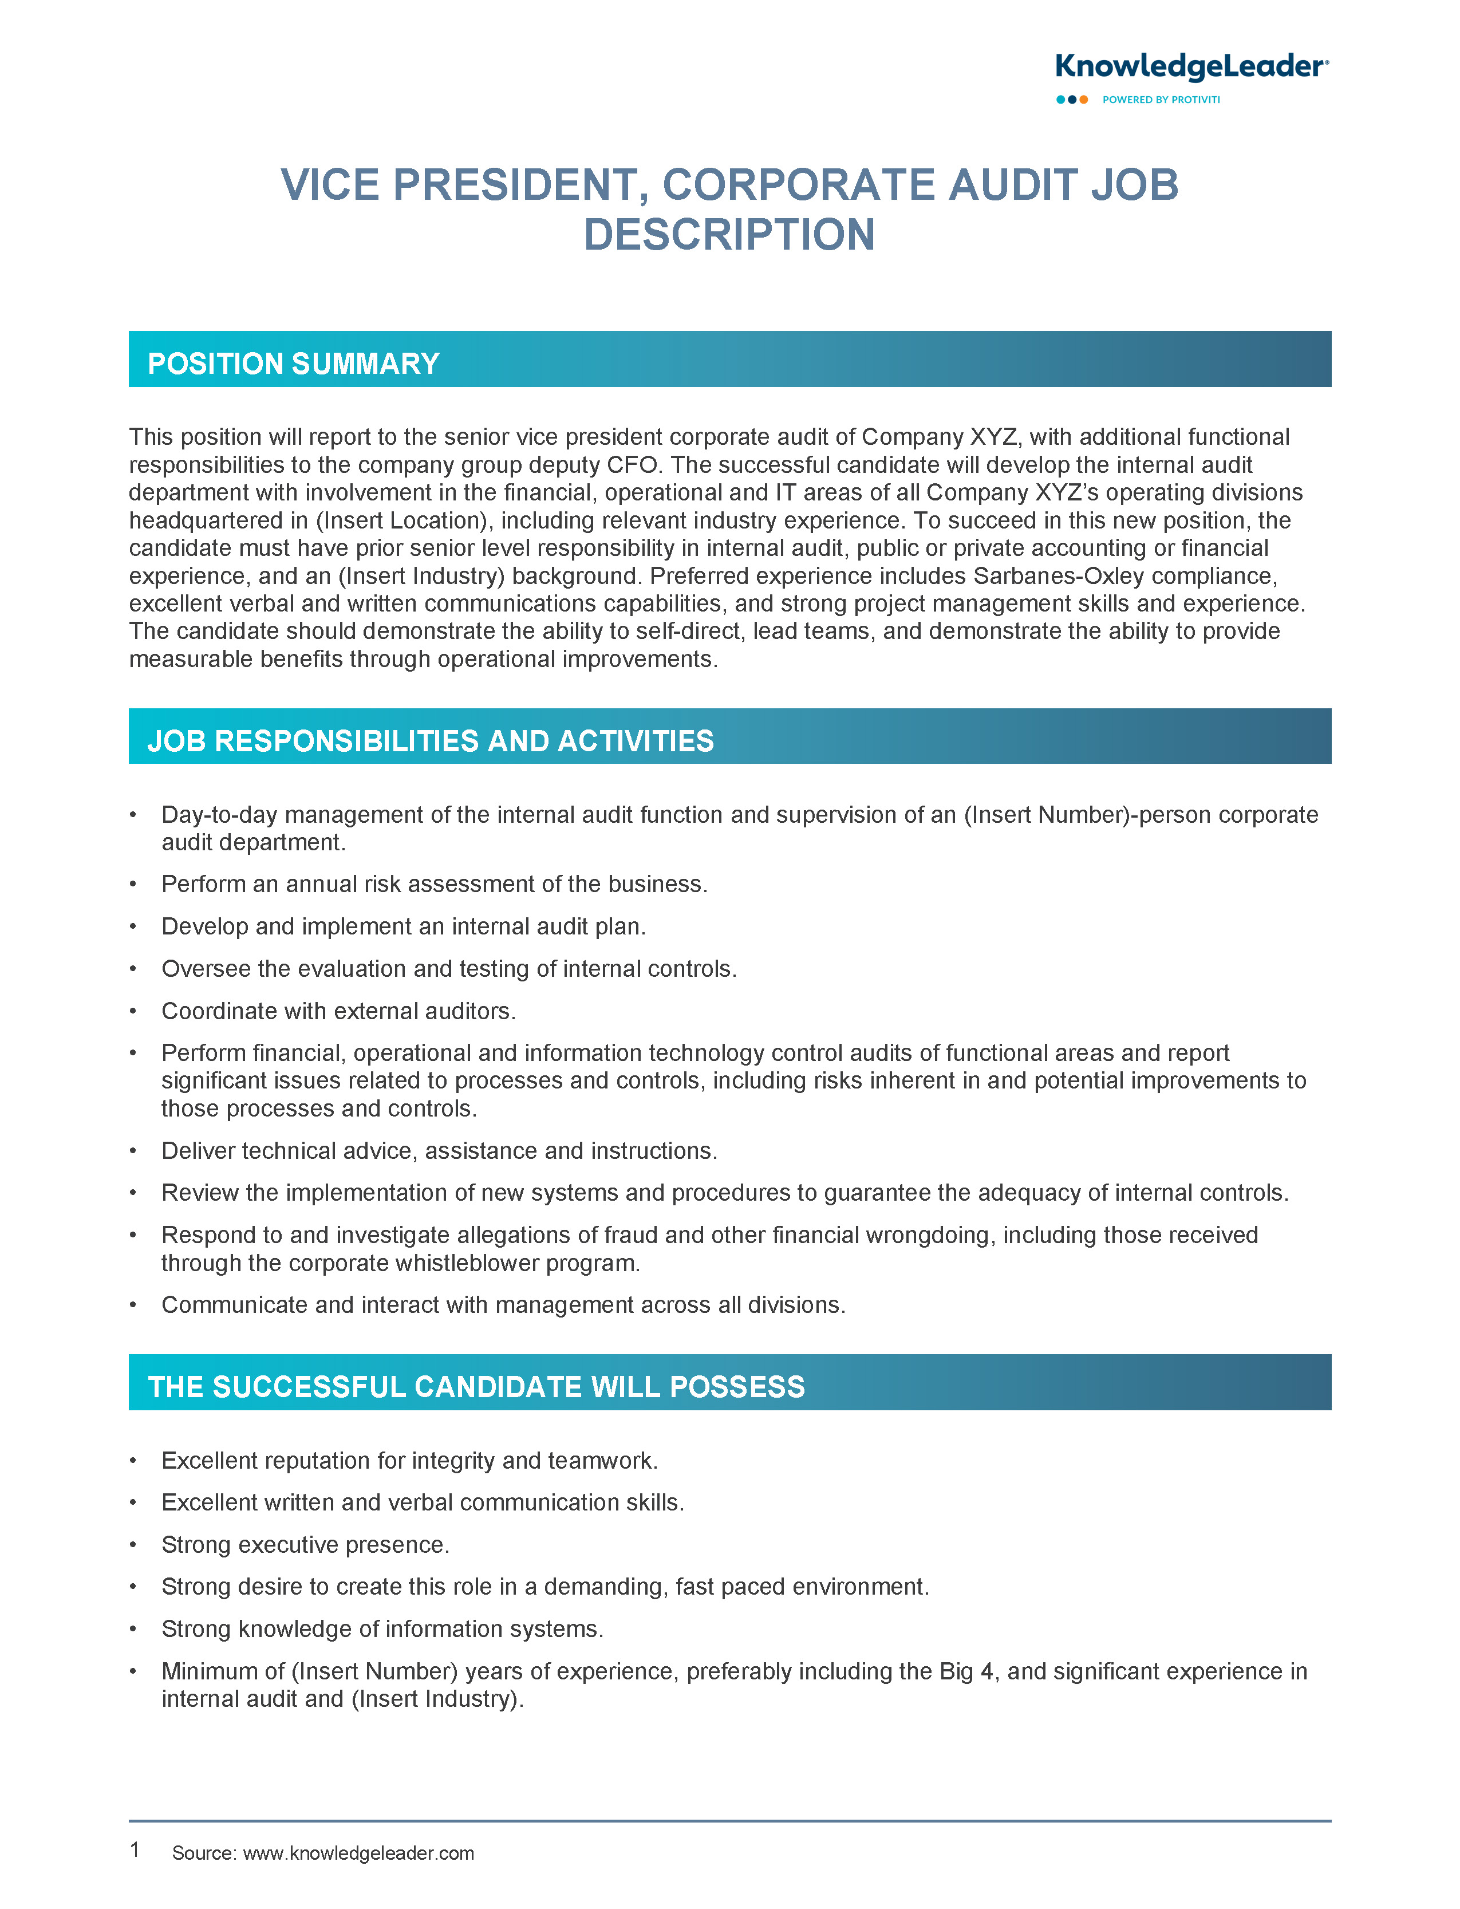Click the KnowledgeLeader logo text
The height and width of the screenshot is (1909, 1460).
(x=1190, y=67)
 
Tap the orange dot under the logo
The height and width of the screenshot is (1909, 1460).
(x=1084, y=100)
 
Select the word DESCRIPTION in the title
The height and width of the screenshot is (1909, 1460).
(x=729, y=235)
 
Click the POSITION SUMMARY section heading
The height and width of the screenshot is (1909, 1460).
(x=293, y=363)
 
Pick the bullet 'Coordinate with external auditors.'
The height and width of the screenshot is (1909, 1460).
(x=339, y=1011)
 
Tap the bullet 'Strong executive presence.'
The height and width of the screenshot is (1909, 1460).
(x=305, y=1544)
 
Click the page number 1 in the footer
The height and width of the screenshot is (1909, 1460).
(x=135, y=1849)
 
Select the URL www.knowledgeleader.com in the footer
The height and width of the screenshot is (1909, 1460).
(x=358, y=1852)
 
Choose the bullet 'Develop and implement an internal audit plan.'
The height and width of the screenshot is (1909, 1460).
(x=403, y=926)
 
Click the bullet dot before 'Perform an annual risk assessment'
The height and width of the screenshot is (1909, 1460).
(x=133, y=885)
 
